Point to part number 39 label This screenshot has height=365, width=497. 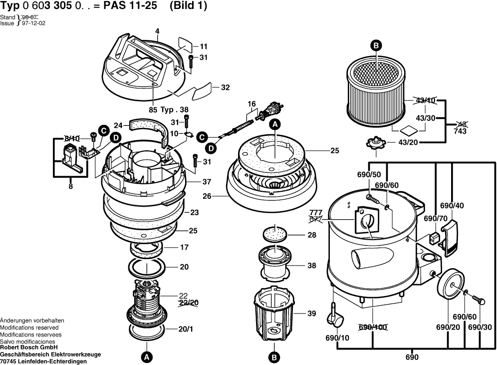[311, 314]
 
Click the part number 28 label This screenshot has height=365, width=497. [311, 235]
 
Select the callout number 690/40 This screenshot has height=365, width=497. [452, 206]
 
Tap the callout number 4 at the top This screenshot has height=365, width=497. [157, 31]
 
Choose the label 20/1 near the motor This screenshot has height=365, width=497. [184, 329]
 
